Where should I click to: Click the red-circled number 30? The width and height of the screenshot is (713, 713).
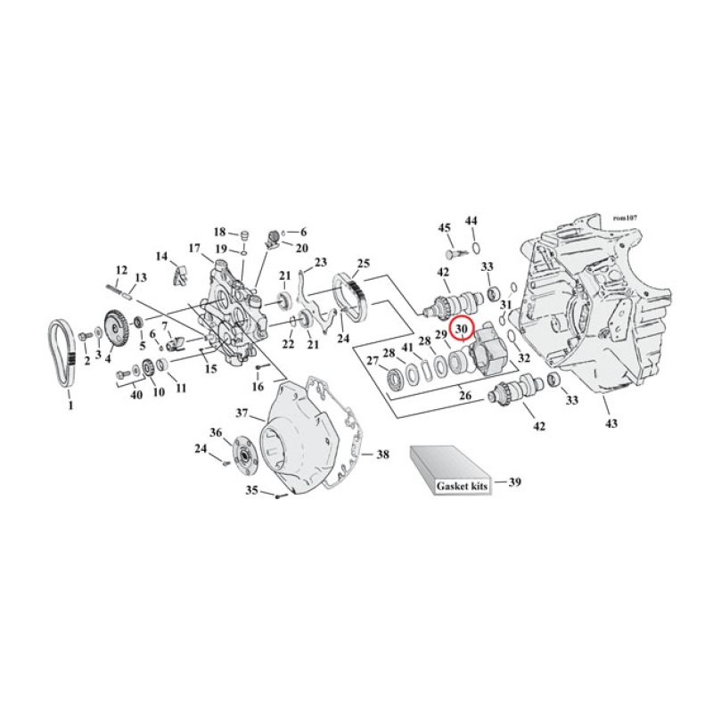click(462, 330)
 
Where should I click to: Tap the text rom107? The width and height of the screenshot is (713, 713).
click(627, 217)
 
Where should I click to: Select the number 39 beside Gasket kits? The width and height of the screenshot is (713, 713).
click(514, 482)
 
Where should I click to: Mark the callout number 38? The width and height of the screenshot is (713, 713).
click(382, 455)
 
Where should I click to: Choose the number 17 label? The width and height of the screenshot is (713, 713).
click(193, 248)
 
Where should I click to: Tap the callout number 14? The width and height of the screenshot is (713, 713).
click(161, 257)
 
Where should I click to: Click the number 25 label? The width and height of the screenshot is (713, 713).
click(363, 264)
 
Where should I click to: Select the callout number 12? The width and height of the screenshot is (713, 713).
click(121, 269)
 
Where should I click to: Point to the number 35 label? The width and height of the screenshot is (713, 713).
click(252, 489)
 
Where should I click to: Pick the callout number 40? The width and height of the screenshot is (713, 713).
click(135, 395)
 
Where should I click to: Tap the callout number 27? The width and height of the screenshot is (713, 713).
click(372, 361)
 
